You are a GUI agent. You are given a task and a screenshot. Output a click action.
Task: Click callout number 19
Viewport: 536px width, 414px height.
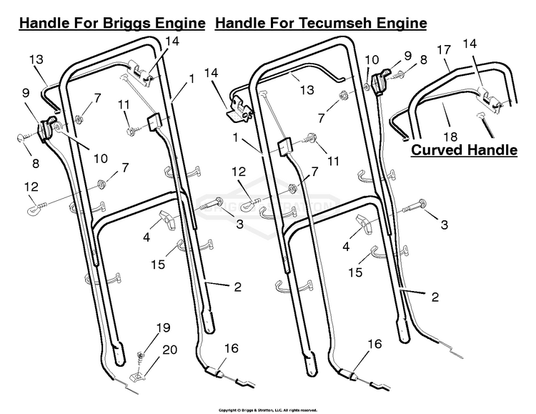point(164,327)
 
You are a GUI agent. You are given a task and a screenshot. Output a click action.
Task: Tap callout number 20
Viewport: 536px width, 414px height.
point(170,350)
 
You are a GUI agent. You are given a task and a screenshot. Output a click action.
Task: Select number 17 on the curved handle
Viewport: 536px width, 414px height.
point(444,50)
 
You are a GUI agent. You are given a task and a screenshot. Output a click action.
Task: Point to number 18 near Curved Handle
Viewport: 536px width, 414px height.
point(450,137)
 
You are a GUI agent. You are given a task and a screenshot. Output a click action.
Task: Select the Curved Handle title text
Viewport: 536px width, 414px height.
point(464,150)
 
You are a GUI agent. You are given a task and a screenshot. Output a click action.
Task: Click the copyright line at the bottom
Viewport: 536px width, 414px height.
point(268,410)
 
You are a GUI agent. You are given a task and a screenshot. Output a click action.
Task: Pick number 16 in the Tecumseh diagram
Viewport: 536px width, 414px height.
point(374,343)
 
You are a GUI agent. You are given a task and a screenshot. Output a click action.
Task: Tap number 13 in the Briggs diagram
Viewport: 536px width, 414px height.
point(36,59)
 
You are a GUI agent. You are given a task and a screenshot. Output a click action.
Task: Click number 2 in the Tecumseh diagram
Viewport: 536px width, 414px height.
point(435,297)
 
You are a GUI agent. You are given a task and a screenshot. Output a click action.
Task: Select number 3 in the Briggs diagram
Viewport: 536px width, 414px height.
point(239,224)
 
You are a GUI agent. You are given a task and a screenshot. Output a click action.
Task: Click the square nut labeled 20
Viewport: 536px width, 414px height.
point(137,377)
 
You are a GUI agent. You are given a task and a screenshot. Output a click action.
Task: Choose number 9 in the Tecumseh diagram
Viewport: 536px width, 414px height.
point(407,56)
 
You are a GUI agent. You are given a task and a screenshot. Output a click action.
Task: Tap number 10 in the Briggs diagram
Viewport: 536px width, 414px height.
point(101,159)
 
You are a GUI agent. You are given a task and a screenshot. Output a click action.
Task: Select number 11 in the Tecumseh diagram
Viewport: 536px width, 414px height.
point(333,161)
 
